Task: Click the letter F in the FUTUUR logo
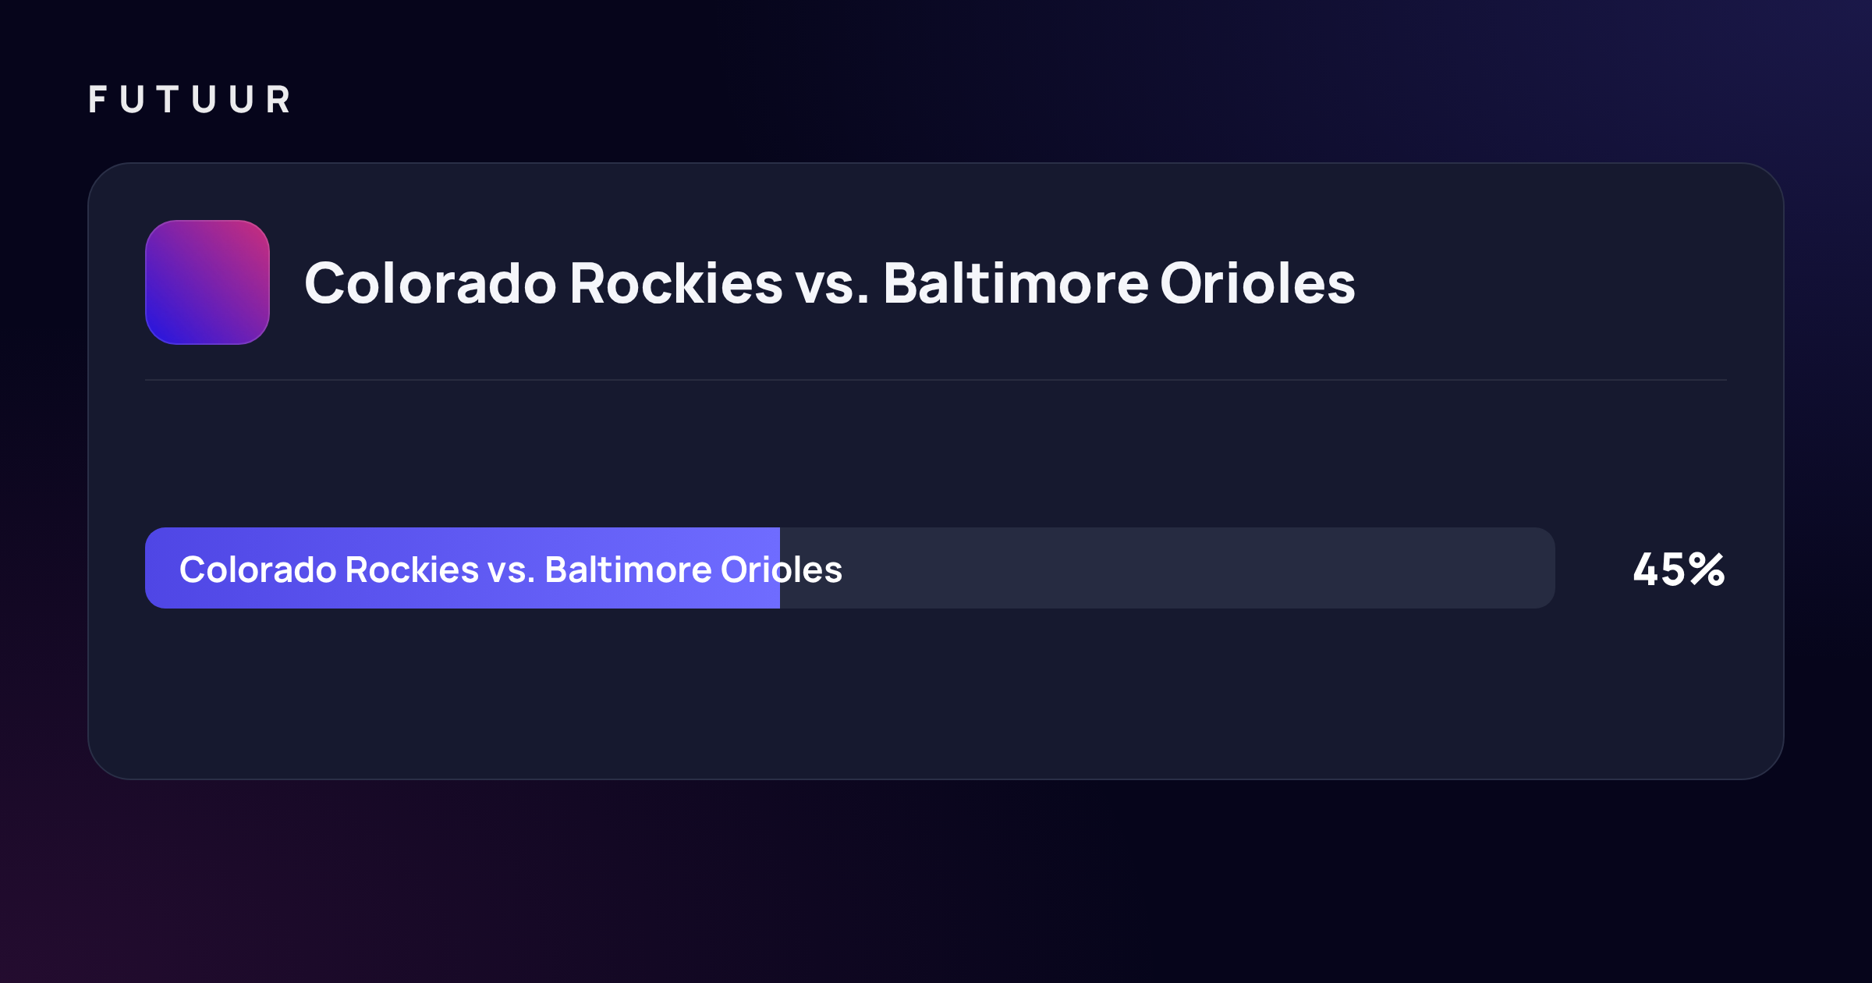point(97,99)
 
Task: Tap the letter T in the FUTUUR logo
point(168,99)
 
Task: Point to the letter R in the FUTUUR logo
point(278,99)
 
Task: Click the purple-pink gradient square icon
point(207,282)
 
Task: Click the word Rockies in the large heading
point(676,282)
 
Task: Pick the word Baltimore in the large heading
point(1016,282)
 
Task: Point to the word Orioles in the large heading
point(1257,282)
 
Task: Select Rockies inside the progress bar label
point(412,570)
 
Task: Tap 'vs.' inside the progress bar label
point(512,573)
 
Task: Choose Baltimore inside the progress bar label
point(629,570)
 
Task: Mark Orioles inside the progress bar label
point(782,570)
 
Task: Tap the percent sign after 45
point(1707,570)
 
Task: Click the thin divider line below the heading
point(936,380)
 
